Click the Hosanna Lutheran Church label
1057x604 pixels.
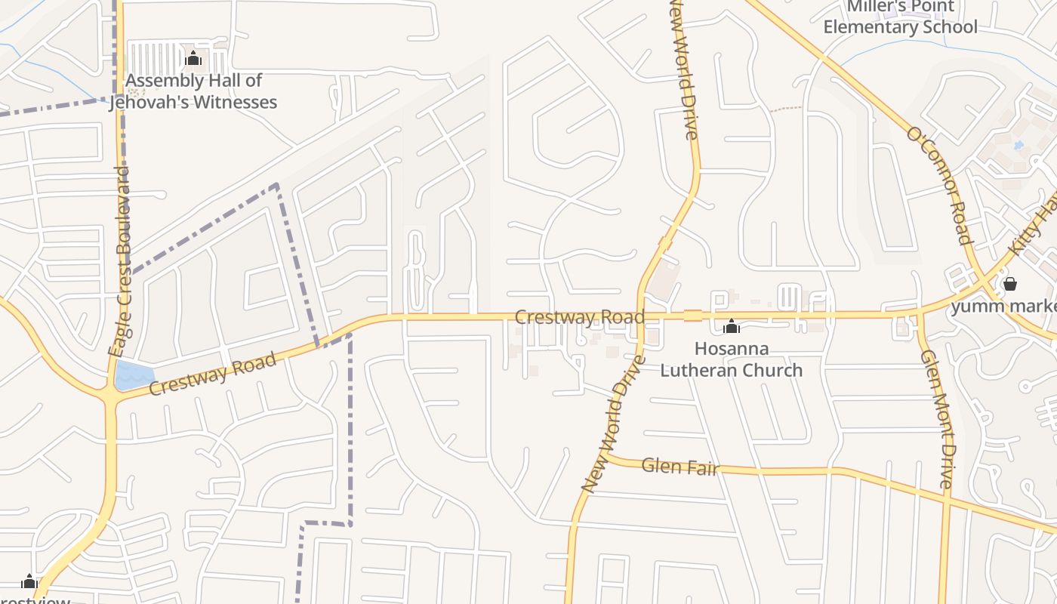pos(731,359)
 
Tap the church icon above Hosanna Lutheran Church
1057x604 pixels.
pos(731,327)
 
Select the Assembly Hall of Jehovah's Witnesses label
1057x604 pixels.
pos(193,91)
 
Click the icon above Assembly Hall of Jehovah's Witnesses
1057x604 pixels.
pos(193,58)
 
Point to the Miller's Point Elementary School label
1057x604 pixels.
pos(900,17)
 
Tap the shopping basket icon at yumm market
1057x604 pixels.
pos(1009,284)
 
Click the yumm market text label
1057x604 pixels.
pos(1003,306)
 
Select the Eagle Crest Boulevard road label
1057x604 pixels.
pos(120,261)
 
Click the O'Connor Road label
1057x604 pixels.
pos(938,186)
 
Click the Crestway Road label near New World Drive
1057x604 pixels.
pos(579,317)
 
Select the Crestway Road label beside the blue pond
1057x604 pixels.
pos(212,374)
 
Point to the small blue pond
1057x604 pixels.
pos(134,375)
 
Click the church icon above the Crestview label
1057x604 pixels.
pos(29,581)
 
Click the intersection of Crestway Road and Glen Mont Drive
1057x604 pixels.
pos(919,313)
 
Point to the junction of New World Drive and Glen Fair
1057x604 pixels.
pos(604,458)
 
